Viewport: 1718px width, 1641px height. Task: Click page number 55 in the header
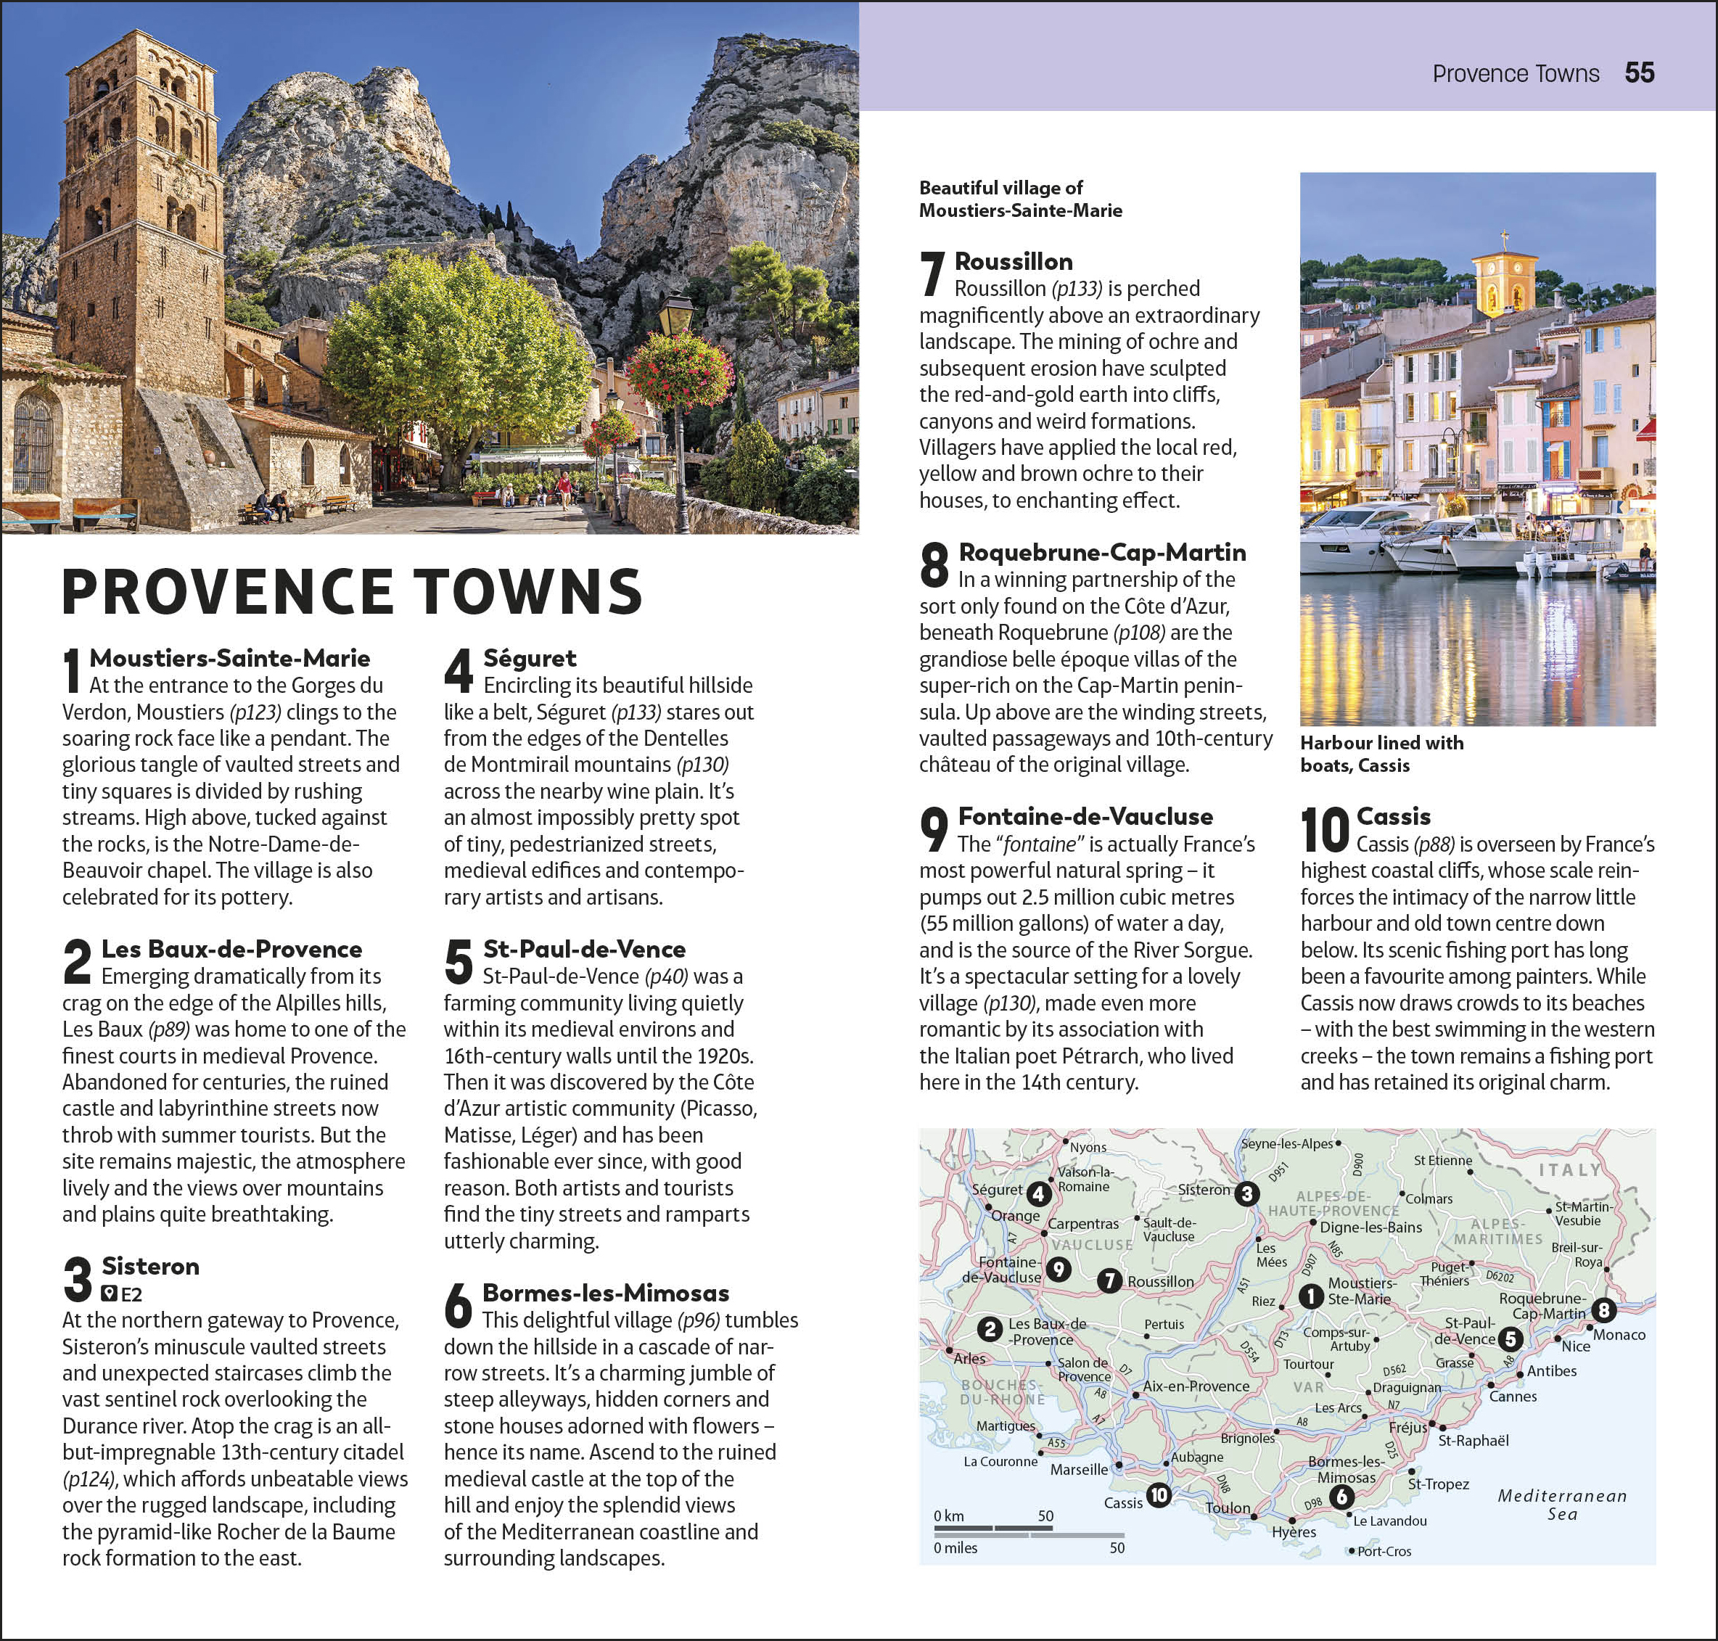1639,73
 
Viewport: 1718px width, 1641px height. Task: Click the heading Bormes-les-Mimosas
605,1292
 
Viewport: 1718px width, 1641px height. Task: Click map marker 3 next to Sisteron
1246,1193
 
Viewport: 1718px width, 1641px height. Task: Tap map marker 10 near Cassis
1158,1495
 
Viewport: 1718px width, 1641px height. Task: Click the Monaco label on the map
1619,1335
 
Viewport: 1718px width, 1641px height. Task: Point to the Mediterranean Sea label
1561,1505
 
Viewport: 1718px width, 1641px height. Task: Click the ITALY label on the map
1569,1169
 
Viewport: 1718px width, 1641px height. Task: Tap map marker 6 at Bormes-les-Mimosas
1342,1497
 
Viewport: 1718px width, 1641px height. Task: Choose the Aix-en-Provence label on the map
1196,1386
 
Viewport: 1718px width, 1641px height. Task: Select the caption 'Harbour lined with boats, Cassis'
1381,753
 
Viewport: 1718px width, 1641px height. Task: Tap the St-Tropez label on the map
1438,1484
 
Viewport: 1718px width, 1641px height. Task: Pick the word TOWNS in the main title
528,591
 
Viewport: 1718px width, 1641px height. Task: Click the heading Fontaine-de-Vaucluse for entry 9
1085,816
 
